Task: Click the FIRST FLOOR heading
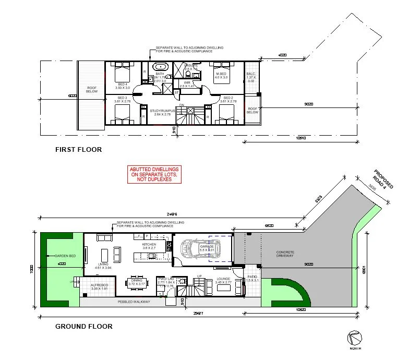[78, 150]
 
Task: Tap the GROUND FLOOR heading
[83, 327]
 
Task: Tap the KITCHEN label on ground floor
[150, 244]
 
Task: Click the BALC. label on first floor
[251, 74]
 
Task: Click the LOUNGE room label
[223, 279]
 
